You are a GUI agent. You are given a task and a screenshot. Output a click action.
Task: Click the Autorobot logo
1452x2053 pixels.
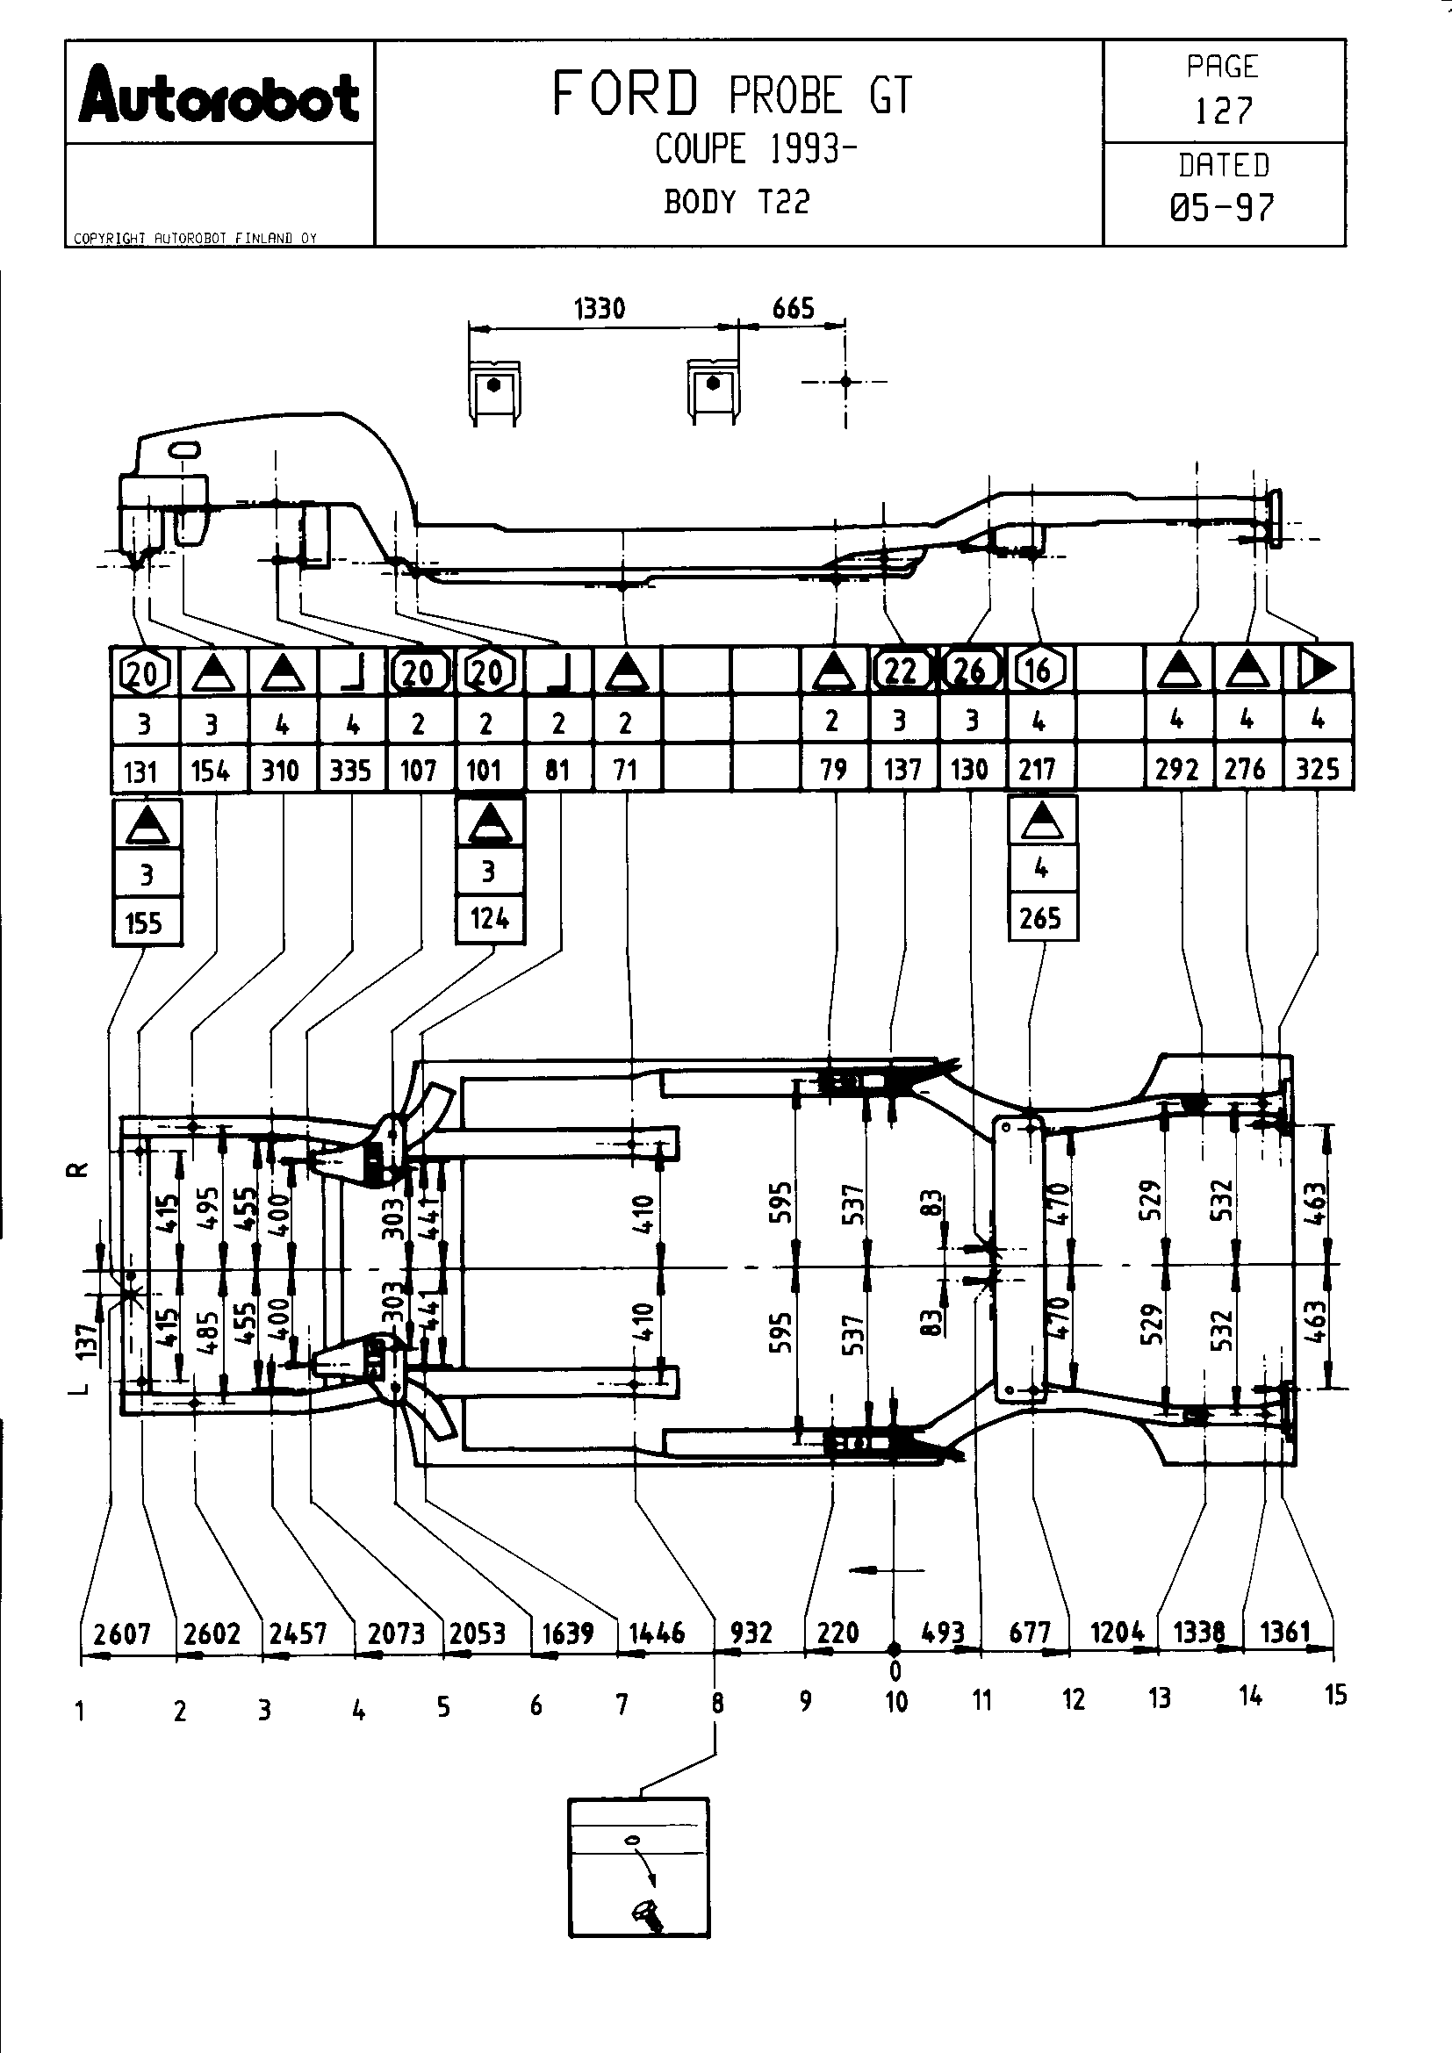pyautogui.click(x=219, y=97)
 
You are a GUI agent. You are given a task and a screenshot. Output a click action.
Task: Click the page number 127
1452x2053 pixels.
pyautogui.click(x=1223, y=111)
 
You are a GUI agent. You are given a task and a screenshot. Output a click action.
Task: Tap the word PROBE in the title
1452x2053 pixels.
pyautogui.click(x=786, y=96)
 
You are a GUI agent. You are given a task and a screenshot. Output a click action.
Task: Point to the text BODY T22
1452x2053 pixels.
pyautogui.click(x=737, y=202)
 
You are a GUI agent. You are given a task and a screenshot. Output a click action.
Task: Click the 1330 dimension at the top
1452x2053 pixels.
pyautogui.click(x=599, y=309)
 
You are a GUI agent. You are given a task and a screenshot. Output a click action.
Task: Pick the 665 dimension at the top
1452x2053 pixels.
pyautogui.click(x=793, y=309)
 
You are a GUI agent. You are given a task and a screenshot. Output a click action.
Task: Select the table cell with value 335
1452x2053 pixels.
pyautogui.click(x=350, y=770)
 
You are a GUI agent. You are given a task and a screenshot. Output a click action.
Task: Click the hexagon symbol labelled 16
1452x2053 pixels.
pyautogui.click(x=1039, y=670)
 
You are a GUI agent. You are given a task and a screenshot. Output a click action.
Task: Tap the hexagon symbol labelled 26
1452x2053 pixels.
pyautogui.click(x=971, y=670)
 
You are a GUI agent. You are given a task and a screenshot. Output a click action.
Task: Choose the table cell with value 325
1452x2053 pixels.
pyautogui.click(x=1317, y=769)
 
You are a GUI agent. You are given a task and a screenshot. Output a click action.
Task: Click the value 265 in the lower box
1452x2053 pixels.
pyautogui.click(x=1041, y=918)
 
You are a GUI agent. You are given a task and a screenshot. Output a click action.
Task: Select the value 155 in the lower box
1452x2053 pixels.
pyautogui.click(x=145, y=922)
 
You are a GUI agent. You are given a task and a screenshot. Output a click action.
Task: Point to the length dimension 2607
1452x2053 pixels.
pyautogui.click(x=123, y=1634)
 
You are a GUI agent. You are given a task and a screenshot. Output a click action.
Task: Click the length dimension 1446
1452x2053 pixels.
pyautogui.click(x=658, y=1633)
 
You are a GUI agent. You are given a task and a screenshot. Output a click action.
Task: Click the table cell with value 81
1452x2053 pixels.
pyautogui.click(x=557, y=770)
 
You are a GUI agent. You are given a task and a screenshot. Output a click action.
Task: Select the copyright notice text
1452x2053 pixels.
pyautogui.click(x=195, y=239)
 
